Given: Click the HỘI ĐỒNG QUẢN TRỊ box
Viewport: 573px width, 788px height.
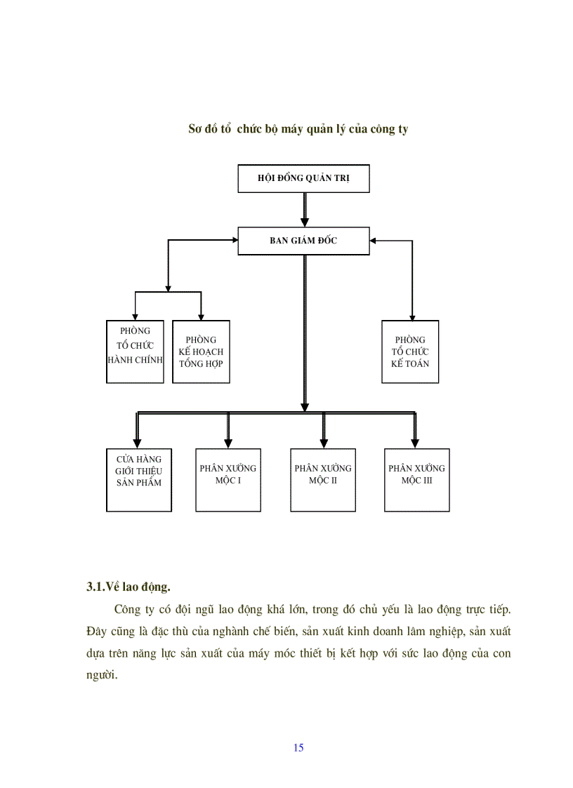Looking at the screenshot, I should (303, 179).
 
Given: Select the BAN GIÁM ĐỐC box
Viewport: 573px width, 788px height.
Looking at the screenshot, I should (303, 241).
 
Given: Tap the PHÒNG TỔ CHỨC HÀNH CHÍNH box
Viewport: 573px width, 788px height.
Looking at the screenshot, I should (135, 352).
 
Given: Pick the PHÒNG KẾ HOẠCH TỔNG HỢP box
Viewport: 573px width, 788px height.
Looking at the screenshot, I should (201, 352).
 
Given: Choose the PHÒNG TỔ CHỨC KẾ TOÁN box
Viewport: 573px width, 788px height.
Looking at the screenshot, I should (410, 352).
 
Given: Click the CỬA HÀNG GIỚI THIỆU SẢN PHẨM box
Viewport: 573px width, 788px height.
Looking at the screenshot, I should (139, 480).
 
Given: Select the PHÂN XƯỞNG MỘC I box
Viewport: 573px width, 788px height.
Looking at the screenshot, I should (228, 480).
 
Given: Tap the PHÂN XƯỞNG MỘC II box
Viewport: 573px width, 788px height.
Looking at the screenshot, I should (323, 480).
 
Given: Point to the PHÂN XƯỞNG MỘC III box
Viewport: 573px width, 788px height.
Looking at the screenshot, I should (416, 480).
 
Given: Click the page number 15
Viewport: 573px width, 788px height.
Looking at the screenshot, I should (298, 748).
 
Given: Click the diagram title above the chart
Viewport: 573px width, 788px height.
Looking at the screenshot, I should (298, 129).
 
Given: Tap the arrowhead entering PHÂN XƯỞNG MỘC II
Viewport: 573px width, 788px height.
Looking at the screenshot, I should (324, 443).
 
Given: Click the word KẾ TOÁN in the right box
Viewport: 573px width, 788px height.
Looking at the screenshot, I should (410, 363).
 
